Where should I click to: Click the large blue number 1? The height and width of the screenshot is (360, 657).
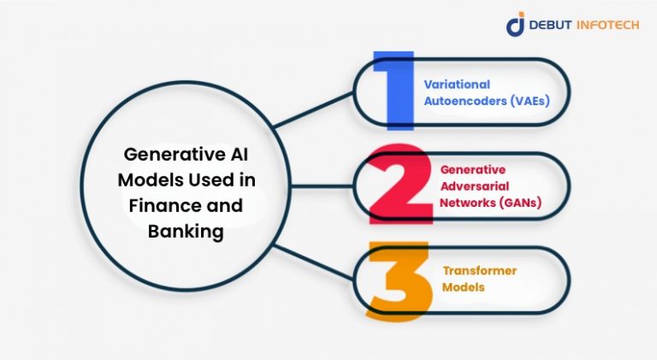(x=391, y=92)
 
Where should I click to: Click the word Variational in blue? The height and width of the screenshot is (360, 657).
(x=456, y=85)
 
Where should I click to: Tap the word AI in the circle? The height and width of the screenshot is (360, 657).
(x=238, y=155)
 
